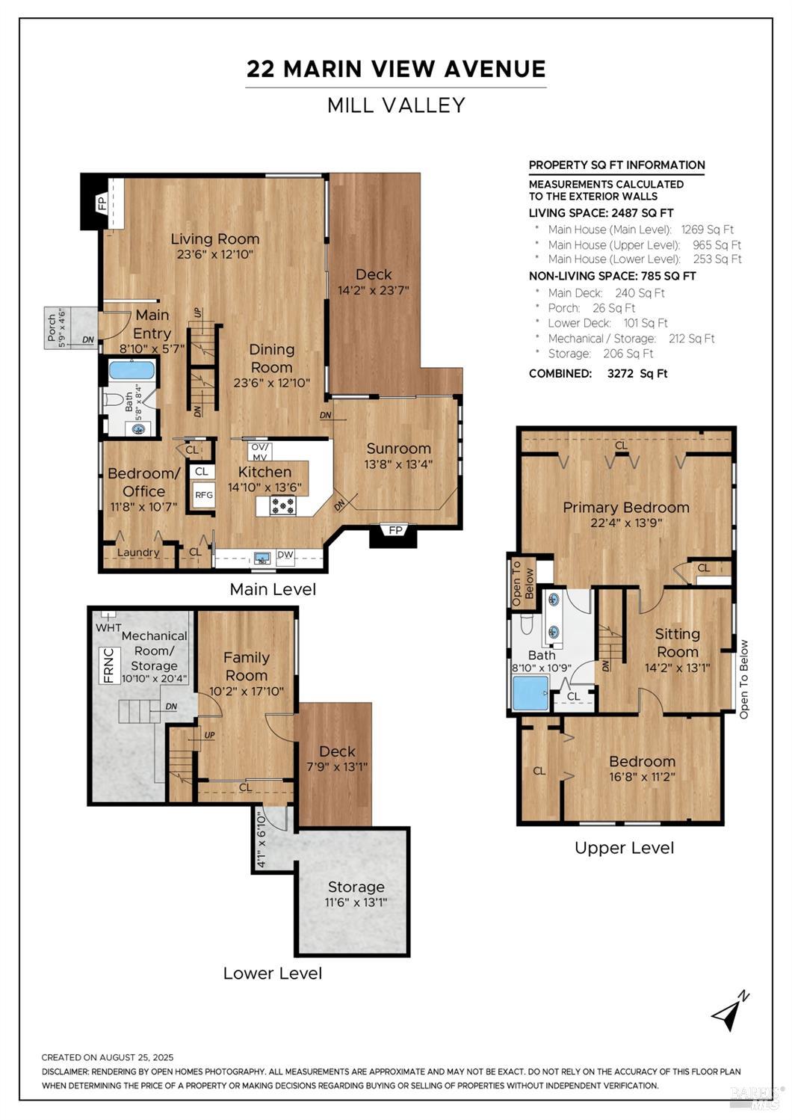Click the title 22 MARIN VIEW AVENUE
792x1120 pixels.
point(396,70)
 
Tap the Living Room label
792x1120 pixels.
point(215,239)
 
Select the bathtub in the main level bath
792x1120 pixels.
point(132,371)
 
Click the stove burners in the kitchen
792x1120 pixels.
point(283,507)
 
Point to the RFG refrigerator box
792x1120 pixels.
point(203,495)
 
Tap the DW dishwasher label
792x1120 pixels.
point(285,555)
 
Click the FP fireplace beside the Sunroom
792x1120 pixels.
point(395,531)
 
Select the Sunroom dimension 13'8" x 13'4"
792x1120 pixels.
point(398,464)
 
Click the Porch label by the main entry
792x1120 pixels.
point(52,327)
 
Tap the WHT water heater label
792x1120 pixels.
point(108,627)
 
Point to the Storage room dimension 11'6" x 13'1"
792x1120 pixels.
point(356,902)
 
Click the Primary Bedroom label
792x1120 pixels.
point(625,508)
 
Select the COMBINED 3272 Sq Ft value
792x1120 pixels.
point(637,374)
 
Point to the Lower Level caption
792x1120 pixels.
point(273,973)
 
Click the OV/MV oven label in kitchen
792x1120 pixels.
point(259,452)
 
